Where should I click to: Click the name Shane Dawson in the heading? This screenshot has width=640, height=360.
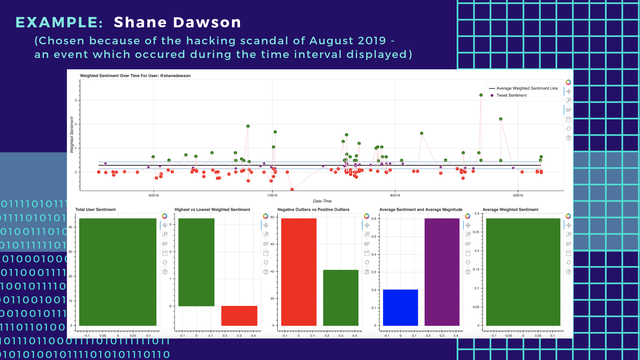(x=177, y=22)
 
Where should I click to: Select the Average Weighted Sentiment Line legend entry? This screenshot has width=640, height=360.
(x=527, y=88)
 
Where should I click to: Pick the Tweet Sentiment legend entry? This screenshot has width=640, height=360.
(x=511, y=95)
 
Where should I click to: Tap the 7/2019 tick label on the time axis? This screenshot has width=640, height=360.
(x=272, y=195)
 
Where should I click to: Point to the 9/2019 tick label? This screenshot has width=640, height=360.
(x=518, y=195)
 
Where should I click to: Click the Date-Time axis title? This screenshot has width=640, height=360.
(x=322, y=201)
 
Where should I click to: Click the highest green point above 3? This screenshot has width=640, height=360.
(x=481, y=95)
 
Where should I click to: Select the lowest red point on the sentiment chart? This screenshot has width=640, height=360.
(x=292, y=189)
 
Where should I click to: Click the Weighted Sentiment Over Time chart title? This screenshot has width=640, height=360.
(x=135, y=76)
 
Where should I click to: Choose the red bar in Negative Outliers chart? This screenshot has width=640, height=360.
(x=299, y=272)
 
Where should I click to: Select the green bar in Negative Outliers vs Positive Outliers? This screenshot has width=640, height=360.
(x=340, y=297)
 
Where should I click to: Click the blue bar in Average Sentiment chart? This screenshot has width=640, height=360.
(x=400, y=307)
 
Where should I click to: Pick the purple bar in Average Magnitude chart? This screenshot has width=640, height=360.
(x=442, y=272)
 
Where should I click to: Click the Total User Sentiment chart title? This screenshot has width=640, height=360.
(x=95, y=210)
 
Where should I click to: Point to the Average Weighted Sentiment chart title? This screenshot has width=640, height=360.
(x=510, y=210)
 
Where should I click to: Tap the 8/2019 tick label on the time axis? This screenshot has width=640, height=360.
(x=395, y=195)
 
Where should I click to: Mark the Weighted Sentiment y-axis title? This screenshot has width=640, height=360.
(x=72, y=135)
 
